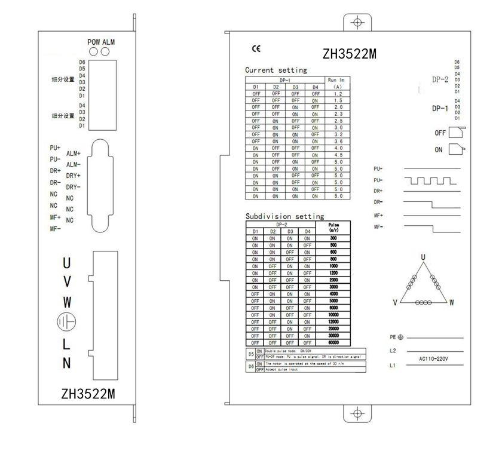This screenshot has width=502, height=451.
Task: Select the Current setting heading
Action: tap(276, 70)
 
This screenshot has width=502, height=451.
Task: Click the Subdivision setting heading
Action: tap(284, 216)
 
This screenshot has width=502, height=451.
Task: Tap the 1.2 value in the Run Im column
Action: tap(338, 94)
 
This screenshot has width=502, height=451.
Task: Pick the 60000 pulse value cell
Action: tap(333, 342)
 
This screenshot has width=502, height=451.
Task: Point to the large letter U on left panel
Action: tap(68, 263)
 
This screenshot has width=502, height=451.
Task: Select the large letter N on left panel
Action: tap(67, 363)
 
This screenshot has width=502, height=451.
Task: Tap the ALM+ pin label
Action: tap(74, 154)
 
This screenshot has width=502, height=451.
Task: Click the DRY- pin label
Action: tap(74, 187)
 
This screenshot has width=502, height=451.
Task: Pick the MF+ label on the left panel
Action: tap(56, 217)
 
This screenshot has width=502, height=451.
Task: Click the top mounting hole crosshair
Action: tap(357, 23)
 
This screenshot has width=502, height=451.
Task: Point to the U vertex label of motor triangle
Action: tap(423, 257)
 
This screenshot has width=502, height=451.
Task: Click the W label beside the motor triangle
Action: tap(451, 303)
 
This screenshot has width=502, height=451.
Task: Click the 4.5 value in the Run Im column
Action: tap(338, 155)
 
